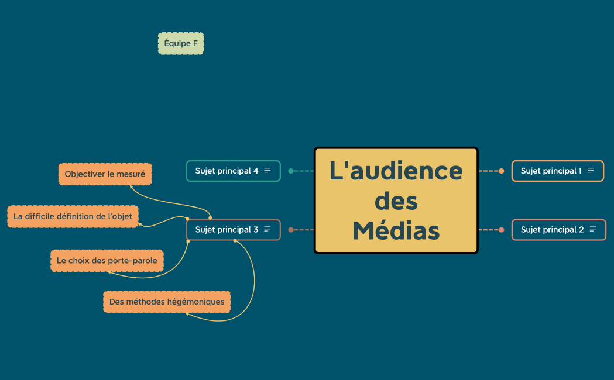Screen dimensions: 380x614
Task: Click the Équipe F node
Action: pyautogui.click(x=181, y=43)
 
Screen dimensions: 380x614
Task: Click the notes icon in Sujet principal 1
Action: pyautogui.click(x=591, y=171)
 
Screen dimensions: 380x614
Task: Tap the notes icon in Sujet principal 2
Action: pyautogui.click(x=593, y=230)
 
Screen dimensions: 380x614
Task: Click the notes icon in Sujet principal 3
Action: pyautogui.click(x=267, y=230)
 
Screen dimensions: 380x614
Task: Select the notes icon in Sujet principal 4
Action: pyautogui.click(x=267, y=171)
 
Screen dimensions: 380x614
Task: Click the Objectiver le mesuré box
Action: pyautogui.click(x=105, y=174)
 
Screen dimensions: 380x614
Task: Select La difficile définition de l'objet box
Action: pyautogui.click(x=73, y=216)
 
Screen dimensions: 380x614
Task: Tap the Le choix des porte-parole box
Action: pyautogui.click(x=107, y=261)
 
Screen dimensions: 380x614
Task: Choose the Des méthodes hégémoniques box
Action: pyautogui.click(x=167, y=302)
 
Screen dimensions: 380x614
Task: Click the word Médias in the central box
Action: pyautogui.click(x=396, y=231)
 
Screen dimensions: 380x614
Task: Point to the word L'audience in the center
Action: pyautogui.click(x=396, y=171)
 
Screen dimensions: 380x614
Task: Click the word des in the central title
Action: pyautogui.click(x=396, y=201)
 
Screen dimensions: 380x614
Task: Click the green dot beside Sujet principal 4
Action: pyautogui.click(x=291, y=171)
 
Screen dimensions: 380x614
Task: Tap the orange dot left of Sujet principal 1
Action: pyautogui.click(x=502, y=171)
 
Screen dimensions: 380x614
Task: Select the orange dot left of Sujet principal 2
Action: pyautogui.click(x=502, y=230)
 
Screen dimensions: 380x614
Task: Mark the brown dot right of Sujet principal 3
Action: pyautogui.click(x=291, y=230)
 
